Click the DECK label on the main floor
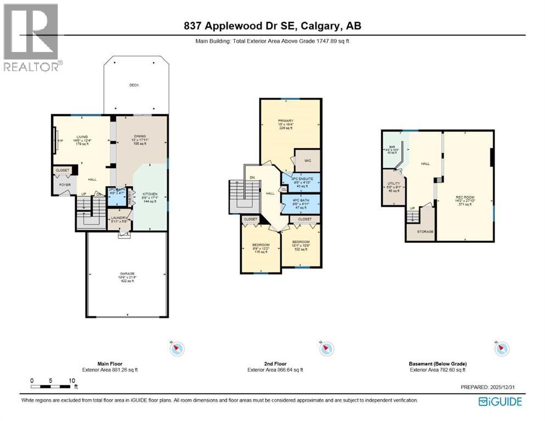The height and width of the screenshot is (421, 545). tap(133, 85)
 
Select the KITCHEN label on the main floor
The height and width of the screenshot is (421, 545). tap(150, 194)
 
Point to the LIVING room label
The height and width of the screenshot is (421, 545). tap(81, 136)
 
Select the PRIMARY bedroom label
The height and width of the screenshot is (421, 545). tap(285, 121)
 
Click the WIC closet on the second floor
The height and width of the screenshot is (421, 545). tap(308, 161)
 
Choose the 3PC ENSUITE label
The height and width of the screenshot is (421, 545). tap(301, 177)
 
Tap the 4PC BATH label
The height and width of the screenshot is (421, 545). tap(301, 201)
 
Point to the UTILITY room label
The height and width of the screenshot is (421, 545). tap(394, 183)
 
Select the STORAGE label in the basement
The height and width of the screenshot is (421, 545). tap(425, 231)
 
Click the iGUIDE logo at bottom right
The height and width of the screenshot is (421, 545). tap(499, 402)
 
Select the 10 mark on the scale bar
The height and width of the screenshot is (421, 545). tap(71, 380)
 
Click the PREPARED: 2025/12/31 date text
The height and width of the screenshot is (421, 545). tap(491, 387)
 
